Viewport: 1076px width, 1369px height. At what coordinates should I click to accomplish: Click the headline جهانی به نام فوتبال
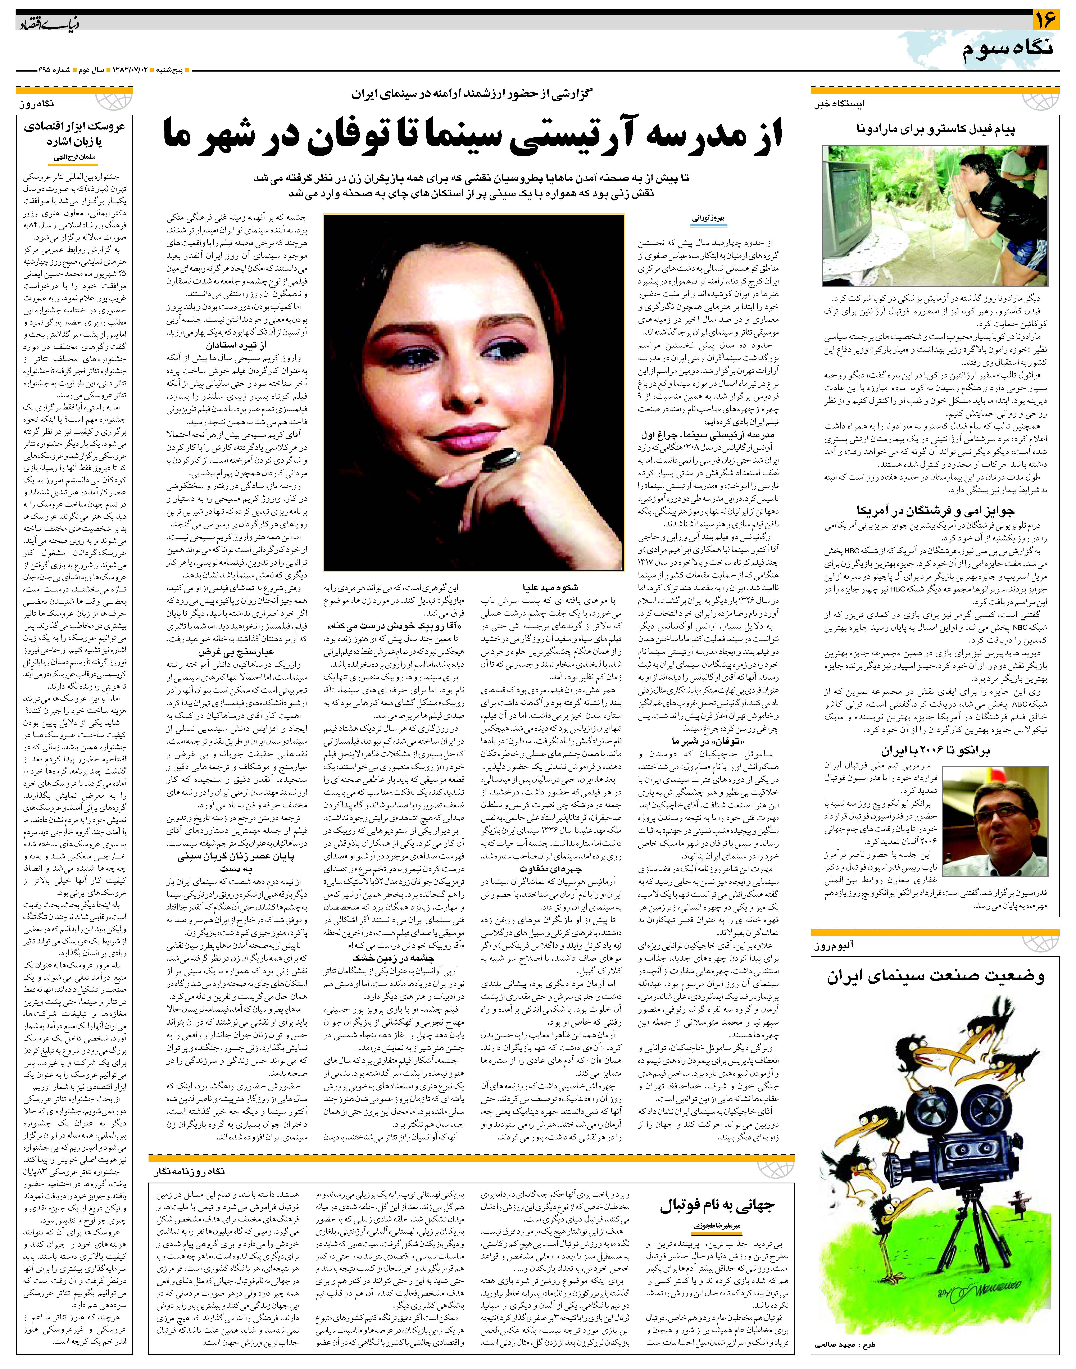(x=717, y=1205)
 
